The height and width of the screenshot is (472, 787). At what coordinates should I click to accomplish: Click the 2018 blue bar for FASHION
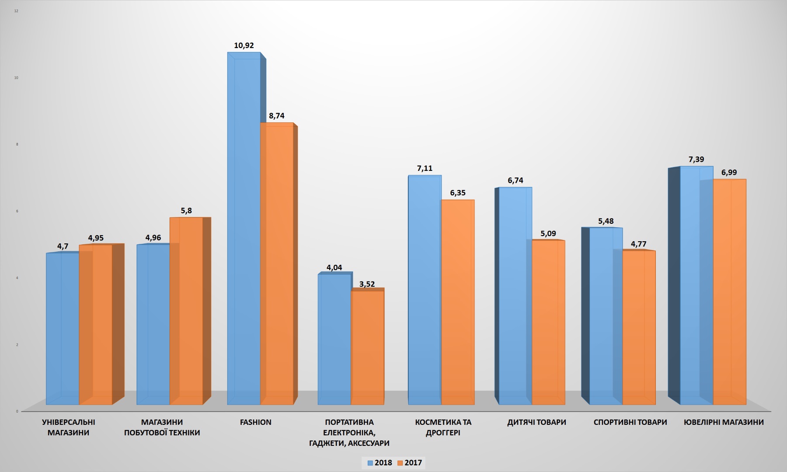pos(244,227)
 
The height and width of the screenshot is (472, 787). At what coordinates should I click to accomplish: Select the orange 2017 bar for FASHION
pos(277,262)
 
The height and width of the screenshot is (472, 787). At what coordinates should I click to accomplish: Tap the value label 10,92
pos(244,45)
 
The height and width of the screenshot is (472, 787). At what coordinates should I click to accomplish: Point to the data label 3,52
pos(367,284)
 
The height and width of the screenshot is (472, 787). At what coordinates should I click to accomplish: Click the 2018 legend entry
pos(380,463)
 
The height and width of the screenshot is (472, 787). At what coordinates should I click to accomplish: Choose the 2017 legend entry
pos(410,463)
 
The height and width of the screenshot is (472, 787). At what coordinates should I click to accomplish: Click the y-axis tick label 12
pos(16,11)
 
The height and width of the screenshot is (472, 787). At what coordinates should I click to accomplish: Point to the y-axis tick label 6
pos(17,211)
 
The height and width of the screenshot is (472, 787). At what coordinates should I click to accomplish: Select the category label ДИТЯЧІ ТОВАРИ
pos(536,422)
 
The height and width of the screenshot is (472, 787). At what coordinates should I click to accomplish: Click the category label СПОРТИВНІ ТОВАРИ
pos(630,422)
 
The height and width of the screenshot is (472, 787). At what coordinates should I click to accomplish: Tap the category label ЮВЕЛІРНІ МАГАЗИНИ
pos(724,422)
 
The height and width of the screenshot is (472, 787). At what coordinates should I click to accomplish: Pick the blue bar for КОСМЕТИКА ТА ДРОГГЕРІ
pos(425,288)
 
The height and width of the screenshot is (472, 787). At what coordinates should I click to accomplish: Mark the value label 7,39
pos(696,160)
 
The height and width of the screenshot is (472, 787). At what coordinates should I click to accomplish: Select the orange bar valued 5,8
pos(186,310)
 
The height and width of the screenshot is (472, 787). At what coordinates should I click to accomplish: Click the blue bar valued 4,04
pos(334,339)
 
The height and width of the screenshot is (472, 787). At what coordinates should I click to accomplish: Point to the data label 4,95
pos(96,238)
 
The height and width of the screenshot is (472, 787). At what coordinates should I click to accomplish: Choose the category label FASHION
pos(256,422)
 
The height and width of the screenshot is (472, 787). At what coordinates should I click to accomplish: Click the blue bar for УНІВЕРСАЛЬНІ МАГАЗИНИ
pos(63,328)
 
